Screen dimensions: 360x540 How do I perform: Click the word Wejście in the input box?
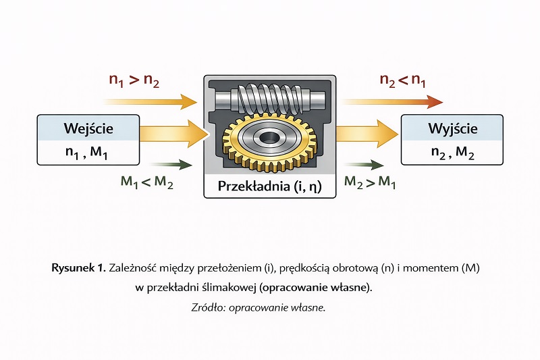coord(88,128)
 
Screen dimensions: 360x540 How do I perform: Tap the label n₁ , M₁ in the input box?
coord(88,153)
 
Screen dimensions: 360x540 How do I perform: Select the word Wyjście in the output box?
coord(452,128)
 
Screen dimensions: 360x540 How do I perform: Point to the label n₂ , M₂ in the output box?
coord(452,153)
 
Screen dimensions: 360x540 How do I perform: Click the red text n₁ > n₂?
coord(134,80)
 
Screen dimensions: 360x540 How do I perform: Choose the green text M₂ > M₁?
coord(370,182)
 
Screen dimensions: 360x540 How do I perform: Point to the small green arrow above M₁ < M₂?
coord(170,164)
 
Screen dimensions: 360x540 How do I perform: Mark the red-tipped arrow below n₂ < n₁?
coord(391,102)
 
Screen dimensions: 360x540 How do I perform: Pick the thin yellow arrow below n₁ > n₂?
coord(152,103)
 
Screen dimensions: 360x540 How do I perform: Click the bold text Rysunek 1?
coord(78,268)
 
